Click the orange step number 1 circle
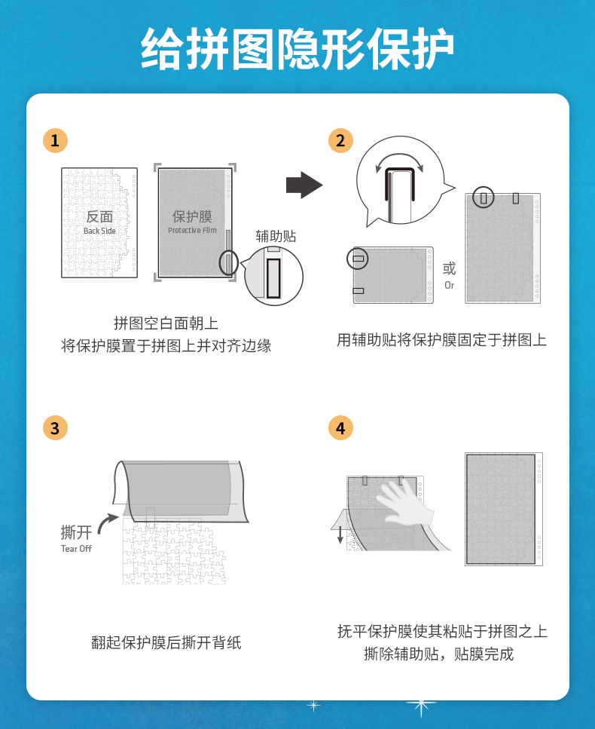pyautogui.click(x=55, y=140)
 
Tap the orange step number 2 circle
pyautogui.click(x=340, y=140)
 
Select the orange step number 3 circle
pyautogui.click(x=55, y=427)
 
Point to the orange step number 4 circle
pyautogui.click(x=340, y=427)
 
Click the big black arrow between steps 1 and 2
pyautogui.click(x=304, y=185)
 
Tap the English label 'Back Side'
pyautogui.click(x=99, y=231)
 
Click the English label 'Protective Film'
pyautogui.click(x=192, y=230)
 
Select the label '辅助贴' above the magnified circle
pyautogui.click(x=276, y=236)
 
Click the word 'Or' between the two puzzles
pyautogui.click(x=449, y=285)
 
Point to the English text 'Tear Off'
pyautogui.click(x=76, y=549)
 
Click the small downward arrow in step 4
pyautogui.click(x=340, y=534)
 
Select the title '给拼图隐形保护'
pyautogui.click(x=297, y=49)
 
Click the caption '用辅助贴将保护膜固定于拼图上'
pyautogui.click(x=441, y=340)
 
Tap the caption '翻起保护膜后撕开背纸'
pyautogui.click(x=166, y=642)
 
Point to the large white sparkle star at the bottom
pyautogui.click(x=421, y=706)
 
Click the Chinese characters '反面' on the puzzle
pyautogui.click(x=99, y=216)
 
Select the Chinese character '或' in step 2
pyautogui.click(x=449, y=268)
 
